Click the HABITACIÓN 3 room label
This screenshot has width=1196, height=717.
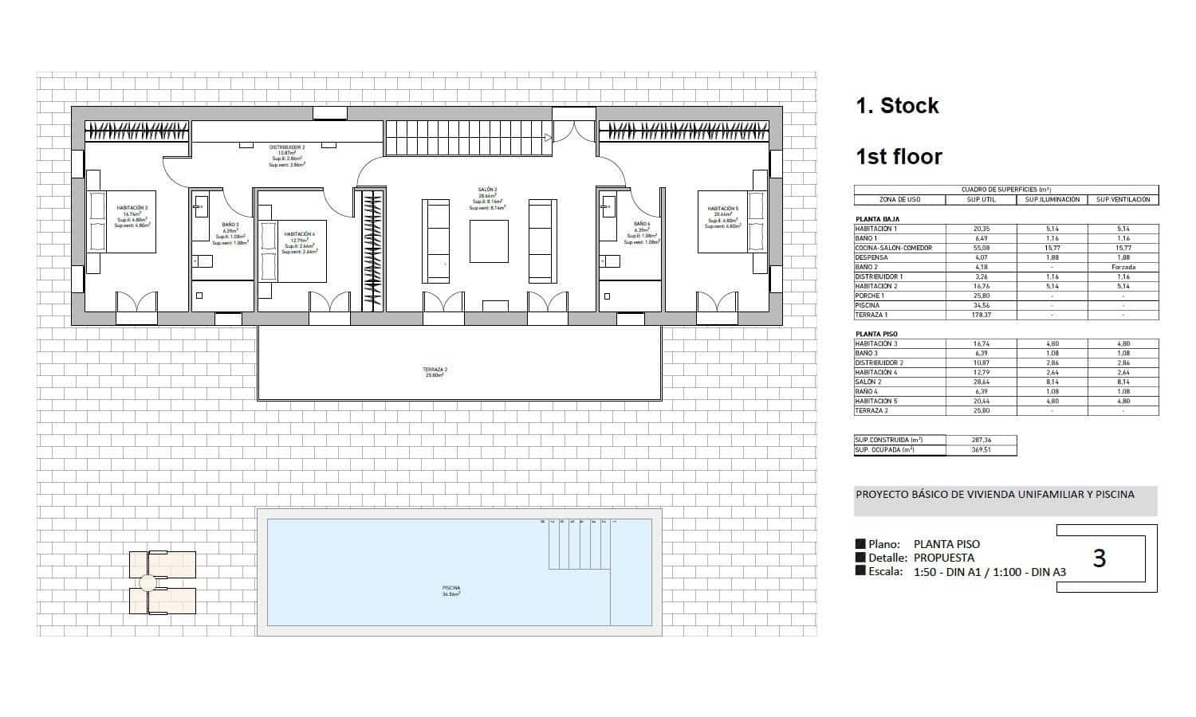132,208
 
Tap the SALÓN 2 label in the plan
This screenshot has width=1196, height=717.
488,190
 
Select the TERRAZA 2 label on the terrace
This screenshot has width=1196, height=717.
435,370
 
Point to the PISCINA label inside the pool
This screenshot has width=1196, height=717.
451,589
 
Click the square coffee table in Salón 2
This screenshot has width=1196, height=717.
489,241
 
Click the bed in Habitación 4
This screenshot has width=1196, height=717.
292,251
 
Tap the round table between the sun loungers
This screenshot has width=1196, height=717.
148,582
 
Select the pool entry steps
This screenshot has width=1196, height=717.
579,546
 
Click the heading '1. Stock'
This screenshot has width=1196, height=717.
897,106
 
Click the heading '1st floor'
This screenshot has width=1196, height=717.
899,157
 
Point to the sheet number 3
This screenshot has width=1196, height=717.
1099,558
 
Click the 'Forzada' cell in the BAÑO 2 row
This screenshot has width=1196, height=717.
1123,267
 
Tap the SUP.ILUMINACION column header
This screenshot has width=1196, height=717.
1052,199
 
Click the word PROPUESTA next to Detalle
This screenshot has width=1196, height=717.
944,558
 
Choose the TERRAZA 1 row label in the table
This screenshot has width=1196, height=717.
871,315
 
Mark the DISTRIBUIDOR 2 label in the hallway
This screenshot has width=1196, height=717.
287,147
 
